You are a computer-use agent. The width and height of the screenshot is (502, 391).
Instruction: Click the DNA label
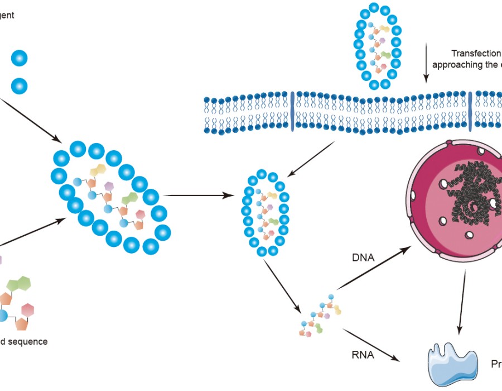pos(363,258)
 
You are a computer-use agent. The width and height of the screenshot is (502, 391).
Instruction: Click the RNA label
pos(363,354)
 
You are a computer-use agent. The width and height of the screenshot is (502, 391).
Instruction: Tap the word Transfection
pos(476,54)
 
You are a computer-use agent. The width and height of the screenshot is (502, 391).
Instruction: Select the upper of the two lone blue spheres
pos(19,58)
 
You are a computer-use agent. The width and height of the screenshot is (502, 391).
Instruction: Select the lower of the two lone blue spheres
pos(19,86)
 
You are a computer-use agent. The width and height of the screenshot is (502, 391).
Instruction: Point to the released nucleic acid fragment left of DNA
pos(317,319)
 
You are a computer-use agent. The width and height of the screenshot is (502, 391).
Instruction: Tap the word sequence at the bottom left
pos(28,341)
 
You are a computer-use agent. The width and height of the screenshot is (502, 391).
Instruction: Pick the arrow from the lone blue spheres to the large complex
pos(31,120)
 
